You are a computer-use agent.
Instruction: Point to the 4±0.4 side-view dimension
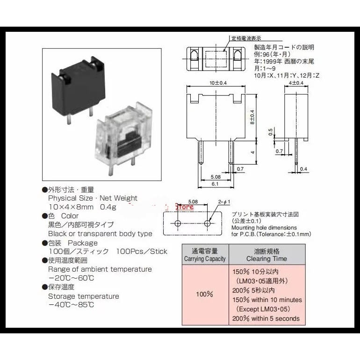coord(296,83)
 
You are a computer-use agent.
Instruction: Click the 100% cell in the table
coord(204,295)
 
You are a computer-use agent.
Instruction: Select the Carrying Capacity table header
coord(204,255)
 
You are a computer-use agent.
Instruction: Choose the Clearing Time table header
coord(267,255)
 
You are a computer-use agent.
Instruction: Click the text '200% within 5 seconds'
coord(266,319)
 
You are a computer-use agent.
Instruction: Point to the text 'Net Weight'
coord(119,198)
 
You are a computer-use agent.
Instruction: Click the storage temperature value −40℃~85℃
coord(71,305)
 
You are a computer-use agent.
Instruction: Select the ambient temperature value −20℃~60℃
coord(71,278)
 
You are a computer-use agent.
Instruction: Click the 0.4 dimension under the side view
coord(303,169)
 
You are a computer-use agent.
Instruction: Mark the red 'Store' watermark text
coord(184,206)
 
